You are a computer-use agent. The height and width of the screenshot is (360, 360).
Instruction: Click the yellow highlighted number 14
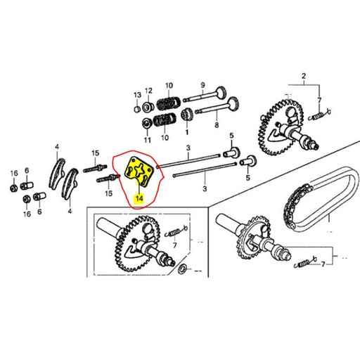tap(139, 199)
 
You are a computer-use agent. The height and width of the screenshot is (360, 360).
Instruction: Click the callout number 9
tap(202, 82)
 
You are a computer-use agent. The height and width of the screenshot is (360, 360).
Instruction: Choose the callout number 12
tap(149, 91)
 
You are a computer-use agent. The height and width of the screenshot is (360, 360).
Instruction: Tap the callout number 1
tap(187, 132)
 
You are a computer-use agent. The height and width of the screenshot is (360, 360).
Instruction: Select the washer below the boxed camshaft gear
tap(183, 270)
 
